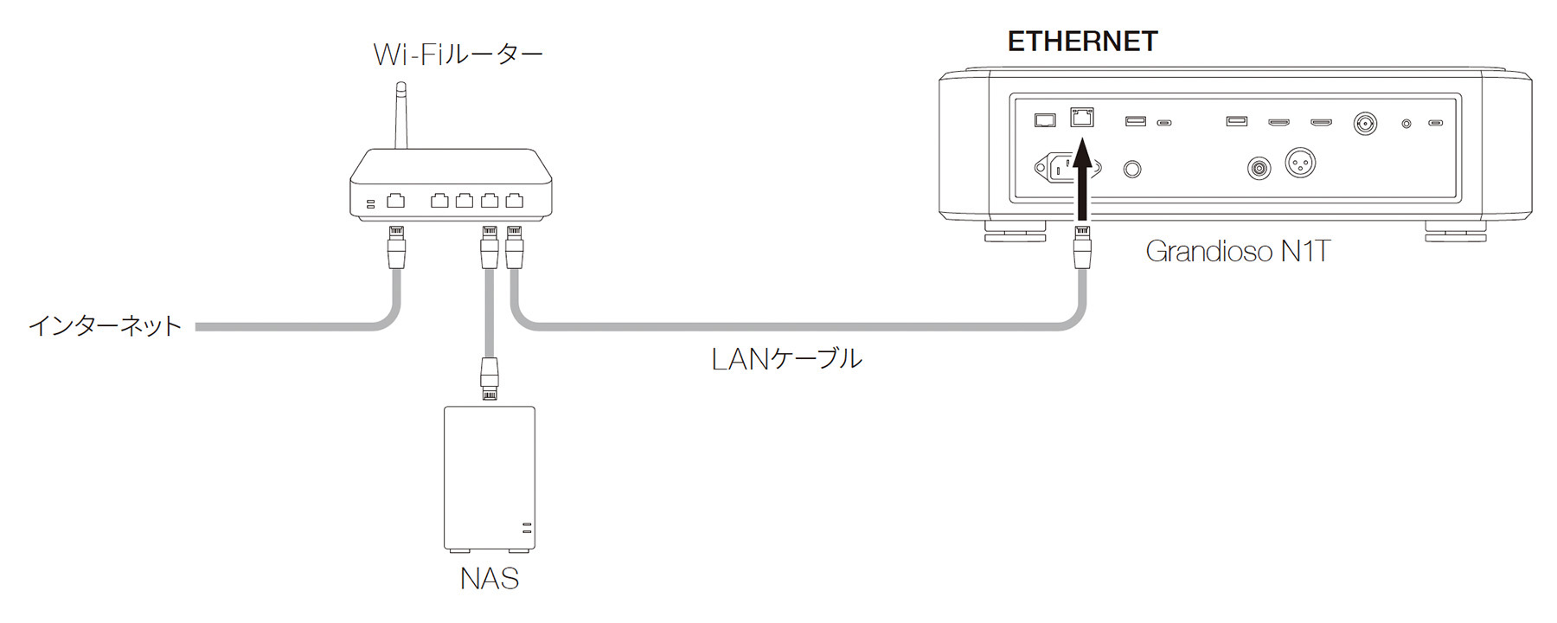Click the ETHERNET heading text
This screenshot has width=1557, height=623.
click(1082, 41)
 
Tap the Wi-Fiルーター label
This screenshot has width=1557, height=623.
click(458, 55)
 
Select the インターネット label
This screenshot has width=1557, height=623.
click(106, 326)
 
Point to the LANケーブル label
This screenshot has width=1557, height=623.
click(786, 358)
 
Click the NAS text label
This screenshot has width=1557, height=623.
click(489, 578)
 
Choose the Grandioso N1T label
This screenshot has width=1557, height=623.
click(1237, 251)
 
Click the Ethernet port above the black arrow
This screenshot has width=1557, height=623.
click(1082, 118)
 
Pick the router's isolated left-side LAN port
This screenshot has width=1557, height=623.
click(395, 201)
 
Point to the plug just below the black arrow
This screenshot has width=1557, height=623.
click(1081, 246)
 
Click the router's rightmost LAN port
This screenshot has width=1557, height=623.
click(515, 201)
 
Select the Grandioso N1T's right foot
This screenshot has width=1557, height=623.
click(1456, 232)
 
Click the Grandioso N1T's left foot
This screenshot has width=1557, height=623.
click(1016, 232)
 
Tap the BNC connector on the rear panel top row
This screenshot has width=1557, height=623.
click(1365, 123)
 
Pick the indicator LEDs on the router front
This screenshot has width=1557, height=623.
click(370, 203)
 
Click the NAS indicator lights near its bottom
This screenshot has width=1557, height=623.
click(526, 528)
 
